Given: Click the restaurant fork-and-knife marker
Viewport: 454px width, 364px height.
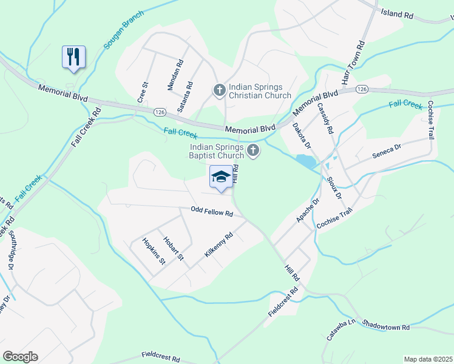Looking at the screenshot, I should pyautogui.click(x=73, y=58).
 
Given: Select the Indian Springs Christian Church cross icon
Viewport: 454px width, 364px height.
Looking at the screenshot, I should pyautogui.click(x=219, y=90).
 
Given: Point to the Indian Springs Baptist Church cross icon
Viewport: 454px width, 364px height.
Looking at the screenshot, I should pyautogui.click(x=253, y=151).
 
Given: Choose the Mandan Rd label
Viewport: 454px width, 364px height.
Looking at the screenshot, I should pyautogui.click(x=175, y=75).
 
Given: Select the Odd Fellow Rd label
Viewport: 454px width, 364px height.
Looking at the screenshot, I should pyautogui.click(x=212, y=213).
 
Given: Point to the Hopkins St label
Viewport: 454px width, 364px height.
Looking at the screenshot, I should pyautogui.click(x=154, y=252).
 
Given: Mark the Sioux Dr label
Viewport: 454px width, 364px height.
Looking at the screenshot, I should pyautogui.click(x=334, y=189).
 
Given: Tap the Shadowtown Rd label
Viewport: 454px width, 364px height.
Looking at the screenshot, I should pyautogui.click(x=387, y=326).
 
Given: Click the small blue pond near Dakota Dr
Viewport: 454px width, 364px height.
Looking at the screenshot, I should pyautogui.click(x=305, y=161).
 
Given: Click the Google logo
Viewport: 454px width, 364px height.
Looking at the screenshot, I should pyautogui.click(x=20, y=357).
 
